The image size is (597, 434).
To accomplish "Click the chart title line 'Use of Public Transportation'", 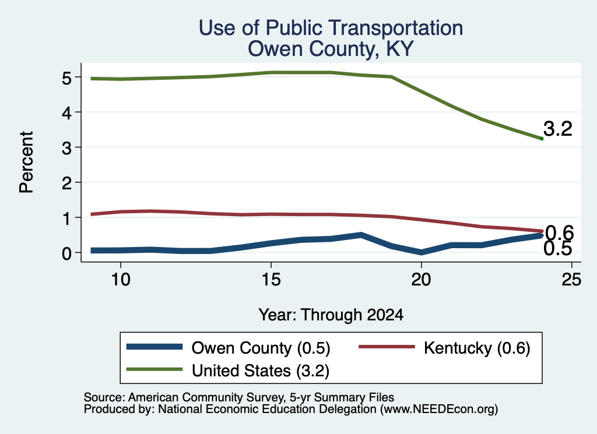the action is tap(331, 28).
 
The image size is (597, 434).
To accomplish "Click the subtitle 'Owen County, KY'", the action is tap(331, 49).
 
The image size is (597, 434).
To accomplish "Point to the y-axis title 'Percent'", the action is tap(26, 162).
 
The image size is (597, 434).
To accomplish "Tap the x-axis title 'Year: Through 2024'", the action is tap(331, 315).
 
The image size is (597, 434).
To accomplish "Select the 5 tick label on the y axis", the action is tap(66, 79).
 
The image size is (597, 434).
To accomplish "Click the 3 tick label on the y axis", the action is tap(66, 147).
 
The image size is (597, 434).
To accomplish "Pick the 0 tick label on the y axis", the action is tap(66, 253).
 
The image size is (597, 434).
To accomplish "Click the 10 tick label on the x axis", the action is tap(121, 280).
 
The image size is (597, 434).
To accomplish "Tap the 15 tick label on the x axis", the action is tap(271, 280).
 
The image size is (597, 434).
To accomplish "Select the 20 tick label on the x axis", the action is tap(421, 280).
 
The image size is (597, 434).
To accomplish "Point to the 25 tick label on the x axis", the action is tap(571, 280).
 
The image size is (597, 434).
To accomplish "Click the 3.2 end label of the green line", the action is tap(558, 129).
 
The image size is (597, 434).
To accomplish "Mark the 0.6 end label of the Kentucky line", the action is tap(559, 232).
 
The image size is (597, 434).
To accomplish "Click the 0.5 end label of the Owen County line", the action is tap(558, 249).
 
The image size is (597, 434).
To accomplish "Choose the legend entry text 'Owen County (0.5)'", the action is tap(261, 348).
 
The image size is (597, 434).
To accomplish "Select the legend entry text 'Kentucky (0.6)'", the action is tap(477, 348).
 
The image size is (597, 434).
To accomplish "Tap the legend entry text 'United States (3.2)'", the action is tap(261, 371).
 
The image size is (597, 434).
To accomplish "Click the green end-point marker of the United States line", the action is tap(542, 139).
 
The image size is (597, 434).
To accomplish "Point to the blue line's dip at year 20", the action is tap(421, 252).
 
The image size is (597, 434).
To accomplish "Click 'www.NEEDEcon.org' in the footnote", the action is tap(439, 409).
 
